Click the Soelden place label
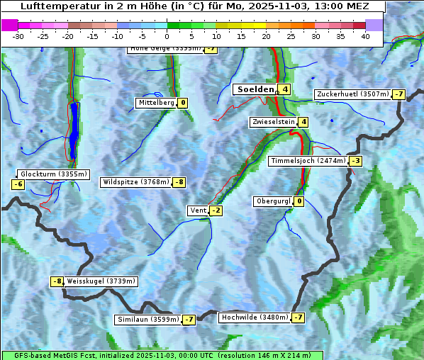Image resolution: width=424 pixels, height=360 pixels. (x=254, y=89)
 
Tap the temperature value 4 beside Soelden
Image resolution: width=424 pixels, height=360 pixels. (x=284, y=89)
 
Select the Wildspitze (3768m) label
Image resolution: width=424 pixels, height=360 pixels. (x=136, y=182)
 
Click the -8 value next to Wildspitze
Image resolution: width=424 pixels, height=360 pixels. (x=179, y=182)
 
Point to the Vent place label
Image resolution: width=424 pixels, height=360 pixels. (x=198, y=210)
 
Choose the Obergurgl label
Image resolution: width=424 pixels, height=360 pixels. (x=272, y=201)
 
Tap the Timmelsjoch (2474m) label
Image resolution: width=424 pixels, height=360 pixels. (x=308, y=161)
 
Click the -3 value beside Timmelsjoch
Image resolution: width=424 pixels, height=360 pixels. (x=355, y=161)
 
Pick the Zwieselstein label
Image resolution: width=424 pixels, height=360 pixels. (x=273, y=122)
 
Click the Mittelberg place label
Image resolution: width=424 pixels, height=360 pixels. (x=156, y=103)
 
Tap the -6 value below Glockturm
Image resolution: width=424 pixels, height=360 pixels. (x=18, y=184)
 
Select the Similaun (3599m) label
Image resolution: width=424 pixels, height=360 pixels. (x=147, y=320)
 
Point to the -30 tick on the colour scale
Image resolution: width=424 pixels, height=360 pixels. (x=18, y=36)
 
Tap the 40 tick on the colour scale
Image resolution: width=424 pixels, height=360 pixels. (x=365, y=36)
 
